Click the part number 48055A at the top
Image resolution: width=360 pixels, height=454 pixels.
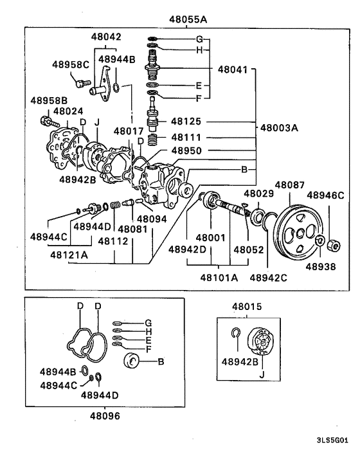click(x=184, y=19)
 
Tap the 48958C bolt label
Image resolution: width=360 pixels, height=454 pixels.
click(x=70, y=65)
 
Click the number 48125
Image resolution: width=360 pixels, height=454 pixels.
click(x=185, y=121)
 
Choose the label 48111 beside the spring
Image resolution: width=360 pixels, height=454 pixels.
click(x=185, y=138)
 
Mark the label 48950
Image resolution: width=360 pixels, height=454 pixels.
click(x=185, y=151)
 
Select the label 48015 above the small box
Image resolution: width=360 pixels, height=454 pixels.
click(x=247, y=307)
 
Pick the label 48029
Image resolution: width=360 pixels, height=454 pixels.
click(x=259, y=194)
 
